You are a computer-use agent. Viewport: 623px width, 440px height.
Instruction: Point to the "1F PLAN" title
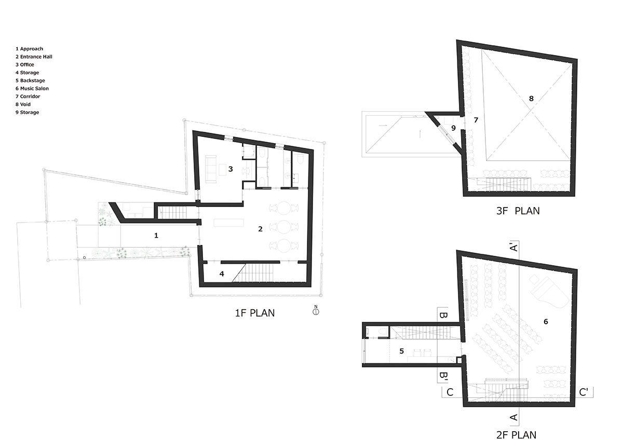coord(255,313)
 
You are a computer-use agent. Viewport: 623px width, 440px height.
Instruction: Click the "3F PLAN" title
coord(518,211)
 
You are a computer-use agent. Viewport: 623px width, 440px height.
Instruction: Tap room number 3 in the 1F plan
coord(231,169)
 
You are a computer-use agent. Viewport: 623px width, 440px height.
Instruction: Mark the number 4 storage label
coord(222,273)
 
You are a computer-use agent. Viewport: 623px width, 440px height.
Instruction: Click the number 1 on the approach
coord(156,236)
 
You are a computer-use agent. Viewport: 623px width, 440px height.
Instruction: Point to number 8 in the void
coord(531,98)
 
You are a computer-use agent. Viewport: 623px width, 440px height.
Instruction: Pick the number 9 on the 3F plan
coord(453,127)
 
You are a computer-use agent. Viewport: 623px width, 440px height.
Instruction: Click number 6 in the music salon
coord(546,322)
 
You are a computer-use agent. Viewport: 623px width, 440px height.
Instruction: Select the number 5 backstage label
coord(401,351)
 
